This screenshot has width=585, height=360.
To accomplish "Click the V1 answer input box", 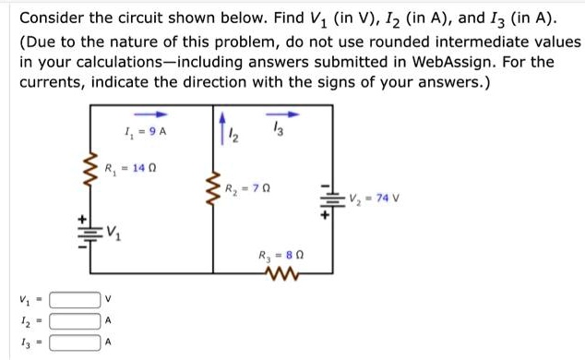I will tap(75, 299).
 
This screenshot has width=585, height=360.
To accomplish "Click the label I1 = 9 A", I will tap(145, 131).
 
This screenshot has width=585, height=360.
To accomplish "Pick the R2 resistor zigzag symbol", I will tap(213, 192).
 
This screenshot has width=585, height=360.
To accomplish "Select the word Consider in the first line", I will tap(52, 18).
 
